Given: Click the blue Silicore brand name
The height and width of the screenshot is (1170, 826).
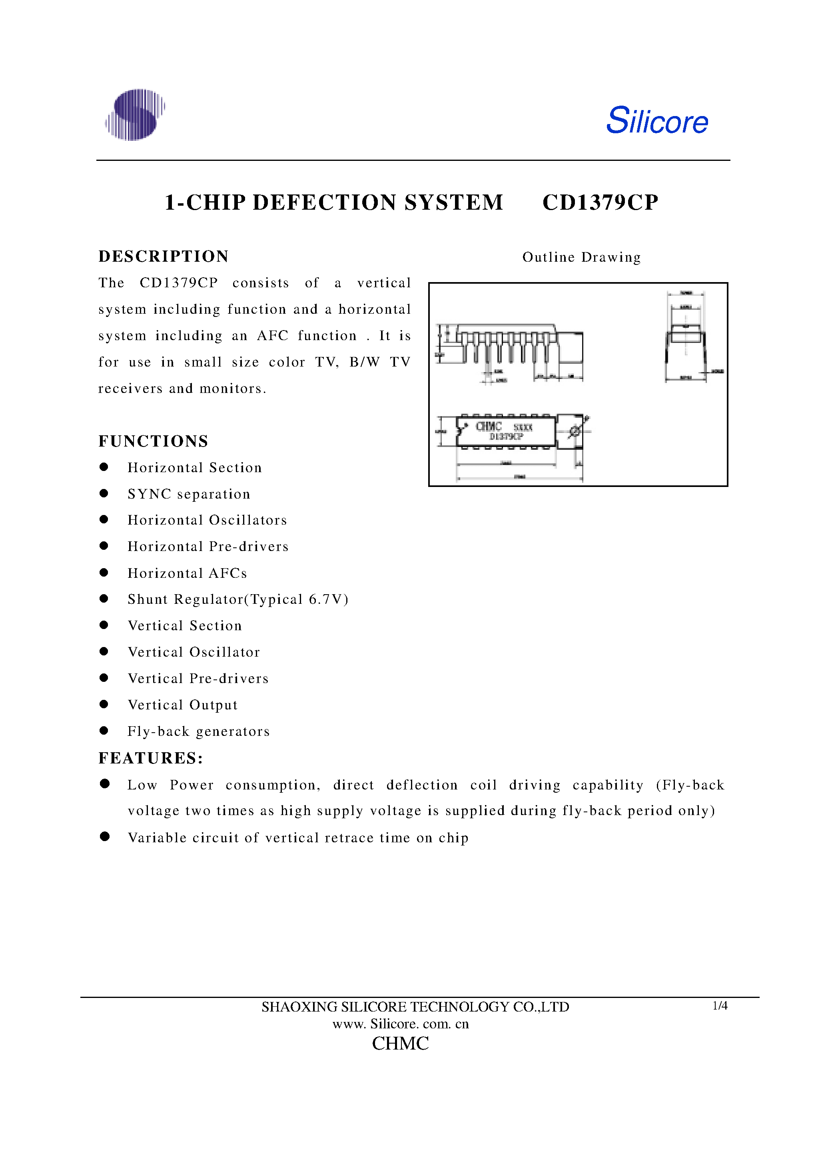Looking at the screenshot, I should [656, 121].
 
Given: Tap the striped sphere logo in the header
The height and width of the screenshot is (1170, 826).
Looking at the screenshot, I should [135, 115].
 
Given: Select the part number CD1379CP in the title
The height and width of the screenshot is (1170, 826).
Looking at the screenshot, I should [600, 202].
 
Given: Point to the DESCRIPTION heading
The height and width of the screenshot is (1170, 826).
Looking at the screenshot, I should [164, 256].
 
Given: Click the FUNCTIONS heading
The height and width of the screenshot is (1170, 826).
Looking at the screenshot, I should [153, 441].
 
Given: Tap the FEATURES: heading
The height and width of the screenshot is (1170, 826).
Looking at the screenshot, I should [151, 758].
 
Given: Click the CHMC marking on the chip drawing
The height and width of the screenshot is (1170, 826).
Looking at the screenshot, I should [489, 427].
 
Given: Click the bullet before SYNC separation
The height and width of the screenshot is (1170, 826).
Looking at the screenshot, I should [104, 493].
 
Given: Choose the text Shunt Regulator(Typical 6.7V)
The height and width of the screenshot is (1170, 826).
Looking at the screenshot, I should [238, 599].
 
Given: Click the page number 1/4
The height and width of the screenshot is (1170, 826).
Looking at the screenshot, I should [720, 1006].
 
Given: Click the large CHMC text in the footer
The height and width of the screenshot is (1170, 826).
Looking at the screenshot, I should [400, 1043].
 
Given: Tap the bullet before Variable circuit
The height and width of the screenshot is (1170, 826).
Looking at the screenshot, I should [105, 836].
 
